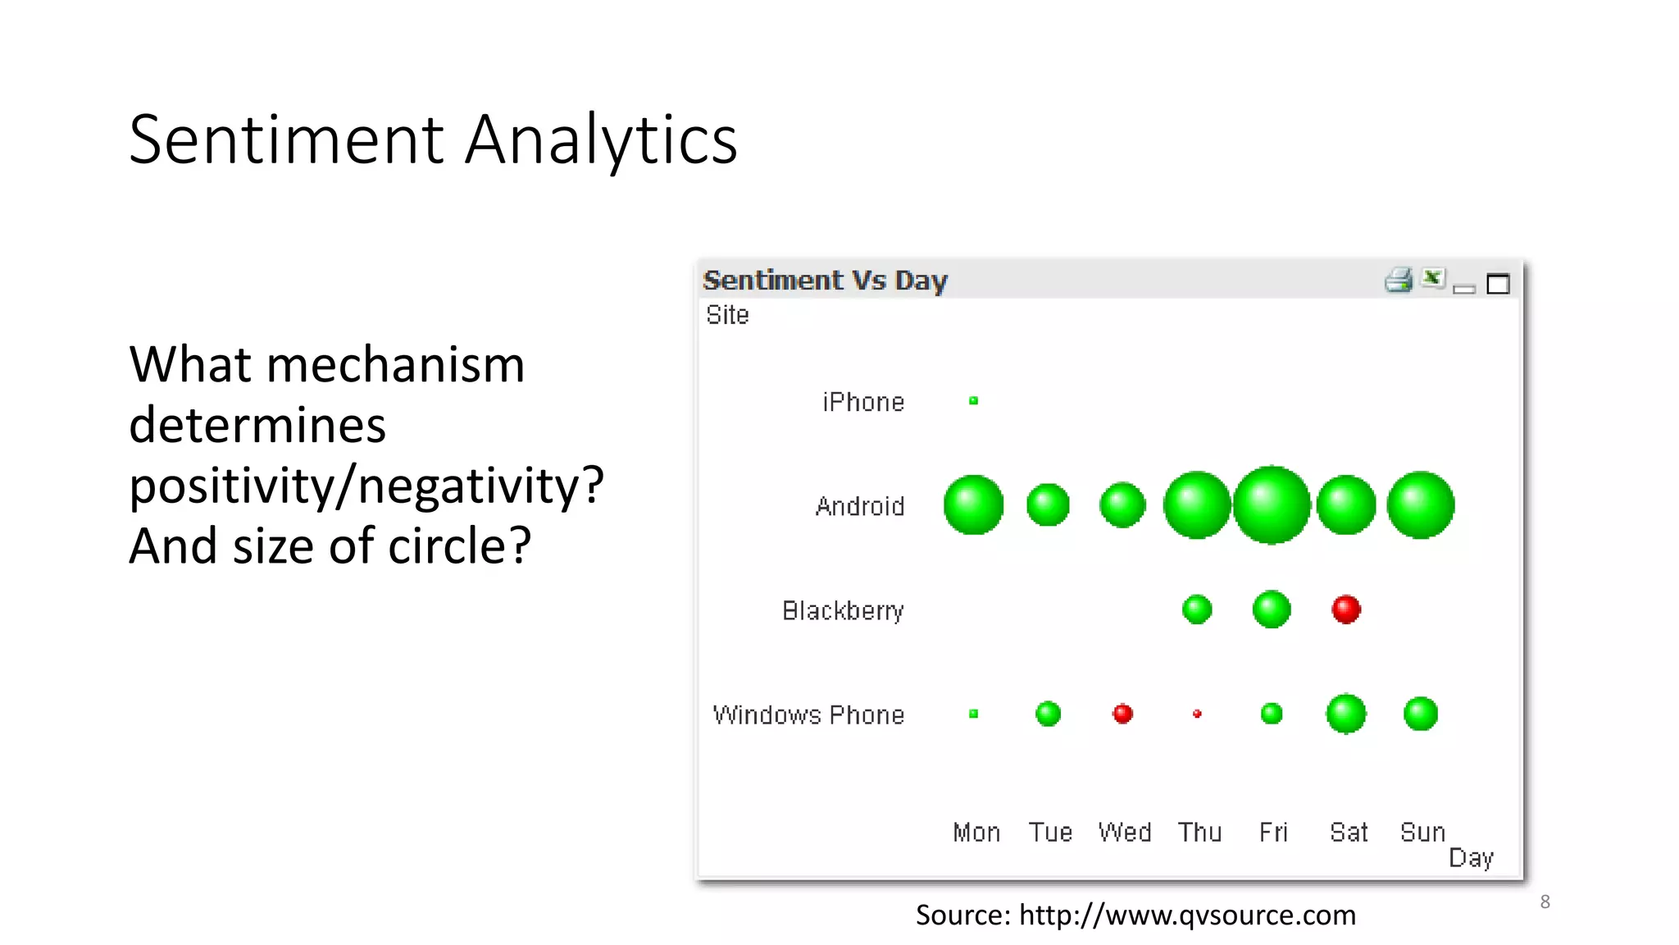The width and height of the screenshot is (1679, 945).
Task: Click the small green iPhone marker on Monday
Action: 973,401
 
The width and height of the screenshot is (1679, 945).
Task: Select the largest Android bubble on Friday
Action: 1272,504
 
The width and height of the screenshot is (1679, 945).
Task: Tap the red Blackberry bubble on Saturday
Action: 1346,609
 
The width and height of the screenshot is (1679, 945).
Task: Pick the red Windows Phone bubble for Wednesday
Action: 1122,714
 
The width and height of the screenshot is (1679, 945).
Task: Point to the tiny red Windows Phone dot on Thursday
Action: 1197,714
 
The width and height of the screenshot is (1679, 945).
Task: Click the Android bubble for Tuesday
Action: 1048,504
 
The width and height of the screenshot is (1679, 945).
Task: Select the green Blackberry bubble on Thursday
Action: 1197,609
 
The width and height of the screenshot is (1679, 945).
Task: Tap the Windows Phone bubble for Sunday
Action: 1420,714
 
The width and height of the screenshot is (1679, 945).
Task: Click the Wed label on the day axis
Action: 1124,833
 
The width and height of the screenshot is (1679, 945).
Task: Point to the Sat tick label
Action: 1349,833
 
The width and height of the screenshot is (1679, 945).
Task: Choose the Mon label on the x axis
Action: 976,833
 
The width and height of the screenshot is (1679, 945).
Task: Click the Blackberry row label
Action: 843,610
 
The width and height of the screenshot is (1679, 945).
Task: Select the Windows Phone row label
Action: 808,714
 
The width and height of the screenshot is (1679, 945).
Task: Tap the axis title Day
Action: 1471,858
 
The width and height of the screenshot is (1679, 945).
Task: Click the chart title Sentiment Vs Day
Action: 825,281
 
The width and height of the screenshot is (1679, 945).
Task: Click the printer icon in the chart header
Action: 1399,281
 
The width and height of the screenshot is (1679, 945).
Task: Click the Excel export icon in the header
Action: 1432,279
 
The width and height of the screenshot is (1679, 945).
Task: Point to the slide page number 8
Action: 1545,902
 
